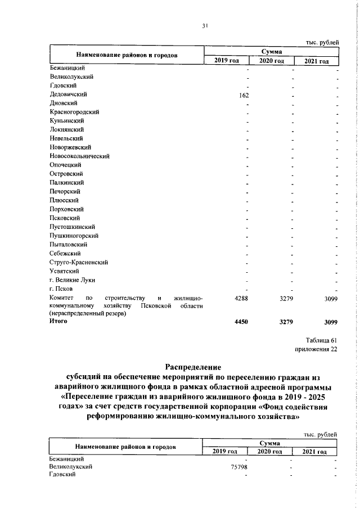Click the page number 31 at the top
(x=206, y=25)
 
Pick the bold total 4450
(x=241, y=322)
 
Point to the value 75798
(x=240, y=467)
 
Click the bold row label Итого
(x=58, y=321)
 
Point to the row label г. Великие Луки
(x=73, y=280)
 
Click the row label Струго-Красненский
(x=78, y=262)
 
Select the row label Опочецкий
(x=66, y=165)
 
